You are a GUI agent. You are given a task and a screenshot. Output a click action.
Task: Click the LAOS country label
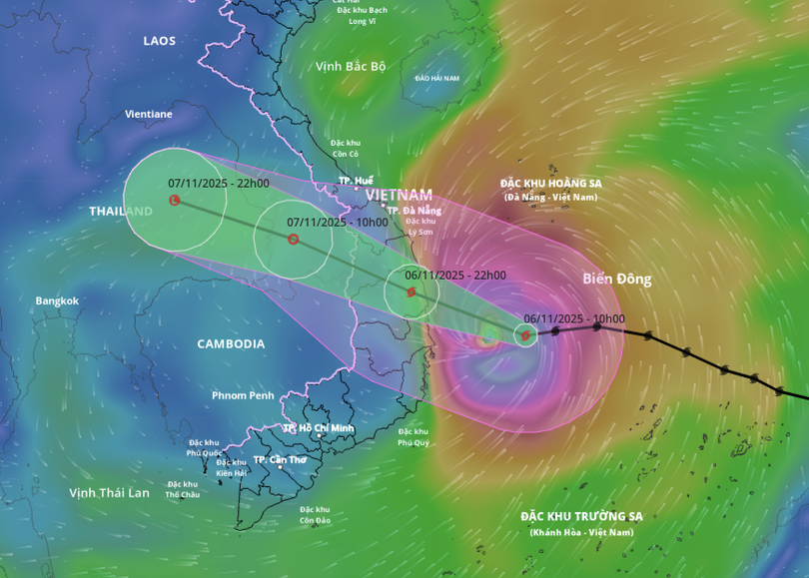click(x=159, y=41)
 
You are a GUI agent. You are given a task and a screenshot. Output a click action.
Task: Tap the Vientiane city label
click(x=148, y=114)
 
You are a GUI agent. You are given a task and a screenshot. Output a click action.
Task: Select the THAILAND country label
click(x=121, y=212)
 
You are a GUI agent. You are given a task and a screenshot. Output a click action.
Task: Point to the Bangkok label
click(x=57, y=300)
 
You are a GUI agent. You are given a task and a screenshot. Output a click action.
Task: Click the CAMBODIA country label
click(x=231, y=344)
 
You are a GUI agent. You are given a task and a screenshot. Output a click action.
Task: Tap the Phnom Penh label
click(x=243, y=395)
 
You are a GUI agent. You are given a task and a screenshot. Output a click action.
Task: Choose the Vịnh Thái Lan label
click(x=109, y=492)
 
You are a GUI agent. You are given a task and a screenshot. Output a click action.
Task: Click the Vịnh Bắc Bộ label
click(x=351, y=66)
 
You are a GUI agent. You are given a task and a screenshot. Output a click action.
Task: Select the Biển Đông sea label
click(x=617, y=279)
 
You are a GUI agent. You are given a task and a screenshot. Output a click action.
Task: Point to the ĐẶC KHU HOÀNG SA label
click(x=550, y=184)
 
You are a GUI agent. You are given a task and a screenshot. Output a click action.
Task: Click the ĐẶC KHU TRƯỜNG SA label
click(x=581, y=516)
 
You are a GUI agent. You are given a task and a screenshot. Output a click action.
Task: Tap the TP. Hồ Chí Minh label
click(x=319, y=428)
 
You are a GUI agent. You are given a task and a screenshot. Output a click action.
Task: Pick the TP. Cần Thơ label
click(x=280, y=460)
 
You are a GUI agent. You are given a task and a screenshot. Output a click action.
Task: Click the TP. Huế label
click(x=356, y=181)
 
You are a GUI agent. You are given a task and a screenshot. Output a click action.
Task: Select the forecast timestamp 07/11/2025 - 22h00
click(x=219, y=184)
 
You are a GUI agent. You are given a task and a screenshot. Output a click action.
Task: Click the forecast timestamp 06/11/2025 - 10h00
click(x=574, y=319)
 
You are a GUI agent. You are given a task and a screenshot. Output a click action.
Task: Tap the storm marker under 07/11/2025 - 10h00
click(x=293, y=240)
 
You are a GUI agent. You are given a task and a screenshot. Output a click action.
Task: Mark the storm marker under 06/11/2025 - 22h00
click(x=411, y=291)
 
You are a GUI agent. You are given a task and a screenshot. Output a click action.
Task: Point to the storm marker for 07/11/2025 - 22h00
click(x=175, y=201)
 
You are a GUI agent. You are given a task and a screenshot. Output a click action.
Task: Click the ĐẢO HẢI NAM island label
click(x=437, y=78)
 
